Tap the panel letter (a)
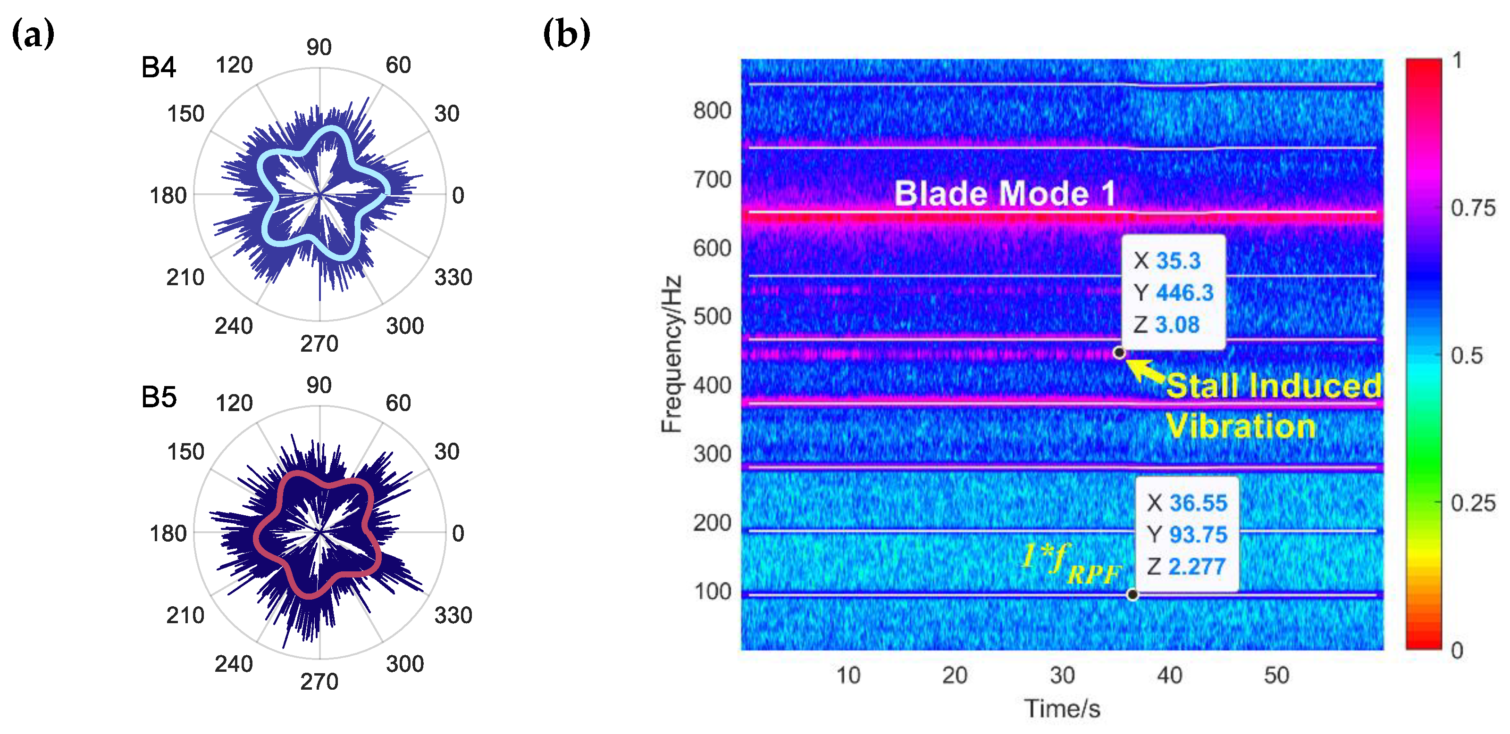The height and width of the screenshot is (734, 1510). point(33,33)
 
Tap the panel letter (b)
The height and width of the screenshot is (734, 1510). point(566,33)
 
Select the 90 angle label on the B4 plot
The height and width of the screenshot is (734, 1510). point(319,47)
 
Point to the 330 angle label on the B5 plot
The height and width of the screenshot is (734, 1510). point(453,615)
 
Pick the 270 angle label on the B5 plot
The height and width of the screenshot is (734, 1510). point(319,681)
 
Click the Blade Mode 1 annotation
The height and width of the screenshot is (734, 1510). point(1005,193)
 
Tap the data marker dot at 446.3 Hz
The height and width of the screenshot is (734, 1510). point(1119,353)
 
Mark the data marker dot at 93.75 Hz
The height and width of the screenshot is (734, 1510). point(1132,594)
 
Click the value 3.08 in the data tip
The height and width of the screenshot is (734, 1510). point(1177,324)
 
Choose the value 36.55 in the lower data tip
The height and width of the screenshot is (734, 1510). point(1198,503)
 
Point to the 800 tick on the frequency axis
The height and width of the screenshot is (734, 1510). point(712,110)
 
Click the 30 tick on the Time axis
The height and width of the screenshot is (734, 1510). point(1062,676)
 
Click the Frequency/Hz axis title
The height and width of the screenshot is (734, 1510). point(672,354)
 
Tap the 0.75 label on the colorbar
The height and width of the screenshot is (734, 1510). point(1472,208)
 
